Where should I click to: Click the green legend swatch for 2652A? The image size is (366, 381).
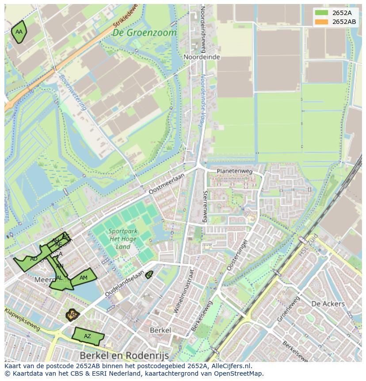[x=321, y=13]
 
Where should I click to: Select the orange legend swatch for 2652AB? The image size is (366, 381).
[x=321, y=22]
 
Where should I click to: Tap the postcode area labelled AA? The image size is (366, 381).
[x=19, y=32]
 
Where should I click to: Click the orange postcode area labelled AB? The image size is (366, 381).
[x=72, y=315]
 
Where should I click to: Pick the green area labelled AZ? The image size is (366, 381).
[x=88, y=336]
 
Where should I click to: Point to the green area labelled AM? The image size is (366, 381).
[x=83, y=278]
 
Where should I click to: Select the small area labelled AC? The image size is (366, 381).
[x=149, y=275]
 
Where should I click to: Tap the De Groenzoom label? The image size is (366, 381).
[x=144, y=33]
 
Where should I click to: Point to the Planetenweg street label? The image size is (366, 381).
[x=234, y=171]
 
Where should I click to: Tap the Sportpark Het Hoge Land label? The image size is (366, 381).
[x=123, y=239]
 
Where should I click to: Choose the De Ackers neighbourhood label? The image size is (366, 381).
[x=328, y=304]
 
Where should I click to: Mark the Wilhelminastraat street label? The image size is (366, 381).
[x=184, y=291]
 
